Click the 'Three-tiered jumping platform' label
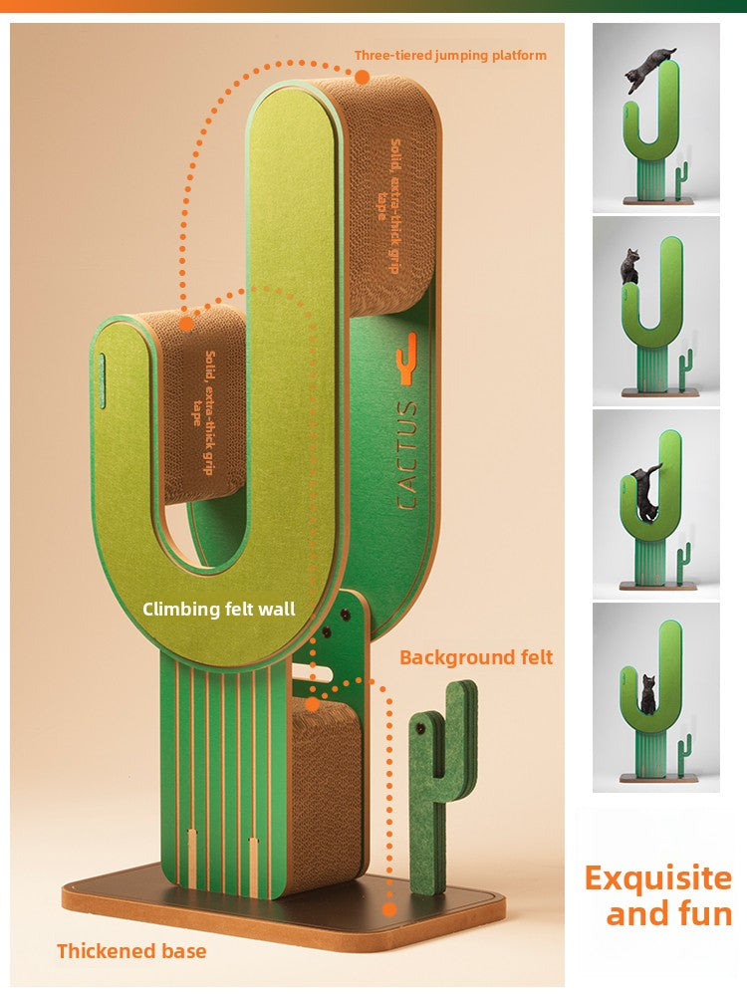pos(450,56)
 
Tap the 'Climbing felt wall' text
pos(219,609)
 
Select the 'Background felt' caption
pos(476,657)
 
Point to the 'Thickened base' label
pos(131,951)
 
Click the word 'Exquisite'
pos(658,878)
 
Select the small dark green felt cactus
pos(442,787)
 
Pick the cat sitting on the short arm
pos(630,267)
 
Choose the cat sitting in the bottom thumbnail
pos(648,694)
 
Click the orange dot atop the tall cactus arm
pos(362,77)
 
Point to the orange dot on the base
pos(389,909)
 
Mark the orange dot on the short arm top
pos(185,323)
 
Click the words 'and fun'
pos(669,914)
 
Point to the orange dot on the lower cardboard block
pos(313,705)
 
